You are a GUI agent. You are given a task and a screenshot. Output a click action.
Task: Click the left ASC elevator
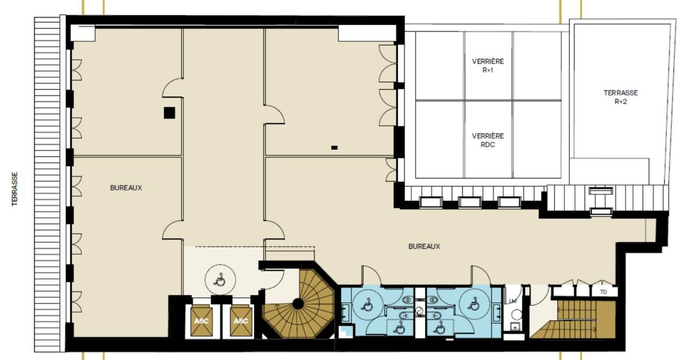pos(201,322)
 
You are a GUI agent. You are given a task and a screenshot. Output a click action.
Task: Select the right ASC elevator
pos(241,322)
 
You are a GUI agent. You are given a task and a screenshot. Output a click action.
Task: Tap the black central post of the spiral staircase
pos(298,304)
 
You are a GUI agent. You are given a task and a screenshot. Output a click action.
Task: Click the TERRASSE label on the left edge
pos(14,189)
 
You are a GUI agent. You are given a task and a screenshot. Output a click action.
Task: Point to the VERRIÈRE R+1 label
pos(488,66)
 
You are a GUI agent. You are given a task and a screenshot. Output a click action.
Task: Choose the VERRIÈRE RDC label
pos(488,140)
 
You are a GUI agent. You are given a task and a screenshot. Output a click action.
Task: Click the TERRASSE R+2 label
pos(620,97)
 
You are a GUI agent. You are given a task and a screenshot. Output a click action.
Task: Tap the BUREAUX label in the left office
pos(126,188)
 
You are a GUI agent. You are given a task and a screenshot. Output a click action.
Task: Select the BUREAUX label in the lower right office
pos(424,247)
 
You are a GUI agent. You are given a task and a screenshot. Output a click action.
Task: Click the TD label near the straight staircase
pos(603,292)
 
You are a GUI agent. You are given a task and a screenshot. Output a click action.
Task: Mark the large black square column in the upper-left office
pos(169,113)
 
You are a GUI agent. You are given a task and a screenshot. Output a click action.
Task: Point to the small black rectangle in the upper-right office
pos(335,147)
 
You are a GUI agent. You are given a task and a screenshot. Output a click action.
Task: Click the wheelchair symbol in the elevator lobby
pos(220,280)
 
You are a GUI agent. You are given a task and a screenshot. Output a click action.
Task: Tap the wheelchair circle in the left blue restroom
pos(367,304)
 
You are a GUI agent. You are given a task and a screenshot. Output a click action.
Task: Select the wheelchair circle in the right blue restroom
pos(475,304)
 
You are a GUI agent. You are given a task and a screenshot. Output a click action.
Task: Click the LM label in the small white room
pos(512,301)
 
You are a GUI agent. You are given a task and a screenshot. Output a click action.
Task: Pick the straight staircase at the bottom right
pos(572,319)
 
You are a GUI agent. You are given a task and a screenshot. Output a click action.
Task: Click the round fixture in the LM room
pos(516,315)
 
